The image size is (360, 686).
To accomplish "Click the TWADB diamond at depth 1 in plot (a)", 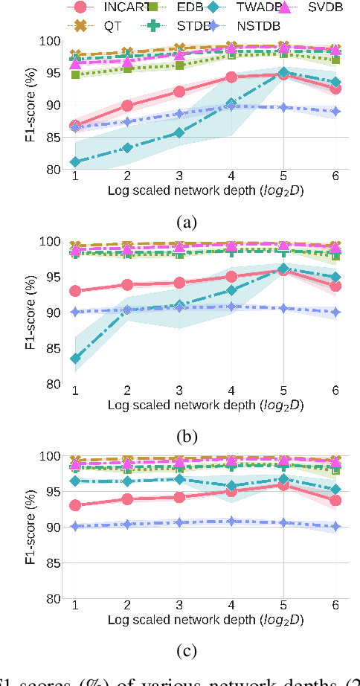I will point(75,161).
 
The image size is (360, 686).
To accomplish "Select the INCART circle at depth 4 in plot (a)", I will point(231,77).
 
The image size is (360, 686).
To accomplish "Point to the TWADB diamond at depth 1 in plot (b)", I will point(75,358).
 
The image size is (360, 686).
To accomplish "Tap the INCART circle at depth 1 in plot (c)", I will point(75,505).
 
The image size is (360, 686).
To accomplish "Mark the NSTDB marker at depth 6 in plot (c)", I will point(335,526).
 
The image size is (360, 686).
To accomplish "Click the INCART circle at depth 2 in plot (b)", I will point(127,285).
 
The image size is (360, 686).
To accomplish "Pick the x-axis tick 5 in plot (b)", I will point(283,391).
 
